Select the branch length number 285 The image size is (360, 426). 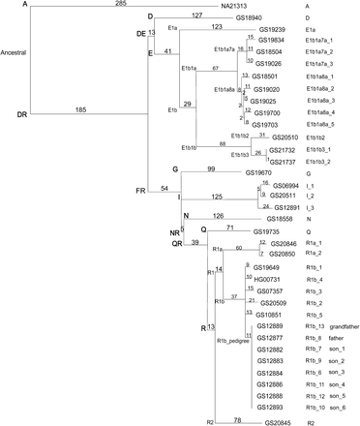120,5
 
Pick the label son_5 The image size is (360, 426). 336,395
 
